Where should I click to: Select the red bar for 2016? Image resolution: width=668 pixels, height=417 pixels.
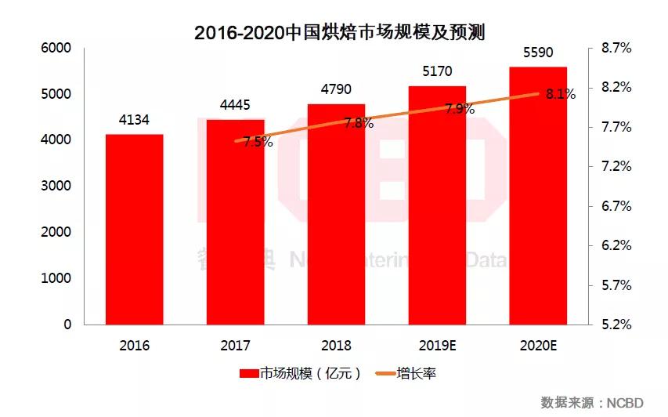pyautogui.click(x=135, y=229)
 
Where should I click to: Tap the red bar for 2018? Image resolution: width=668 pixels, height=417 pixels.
pyautogui.click(x=336, y=214)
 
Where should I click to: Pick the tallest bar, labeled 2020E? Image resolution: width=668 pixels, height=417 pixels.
pyautogui.click(x=538, y=196)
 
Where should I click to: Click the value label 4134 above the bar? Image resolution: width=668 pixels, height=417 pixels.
pyautogui.click(x=134, y=120)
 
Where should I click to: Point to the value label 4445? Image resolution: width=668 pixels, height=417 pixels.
pyautogui.click(x=235, y=105)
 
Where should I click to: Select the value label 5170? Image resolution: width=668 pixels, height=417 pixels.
pyautogui.click(x=437, y=71)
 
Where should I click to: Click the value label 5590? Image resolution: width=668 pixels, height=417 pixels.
pyautogui.click(x=538, y=53)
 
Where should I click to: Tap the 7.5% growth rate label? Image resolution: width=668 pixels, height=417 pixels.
pyautogui.click(x=258, y=142)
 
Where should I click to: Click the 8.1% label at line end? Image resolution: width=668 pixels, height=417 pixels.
pyautogui.click(x=561, y=94)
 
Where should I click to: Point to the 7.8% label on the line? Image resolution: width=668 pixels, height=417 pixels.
pyautogui.click(x=359, y=123)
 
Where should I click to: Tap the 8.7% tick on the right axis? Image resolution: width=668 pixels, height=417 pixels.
pyautogui.click(x=616, y=48)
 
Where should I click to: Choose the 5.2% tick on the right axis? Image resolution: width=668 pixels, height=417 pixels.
pyautogui.click(x=616, y=324)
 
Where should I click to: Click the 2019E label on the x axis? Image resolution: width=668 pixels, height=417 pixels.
pyautogui.click(x=437, y=345)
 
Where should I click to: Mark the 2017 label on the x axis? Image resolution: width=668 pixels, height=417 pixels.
pyautogui.click(x=235, y=345)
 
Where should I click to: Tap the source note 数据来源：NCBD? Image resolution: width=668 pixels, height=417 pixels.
pyautogui.click(x=593, y=402)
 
